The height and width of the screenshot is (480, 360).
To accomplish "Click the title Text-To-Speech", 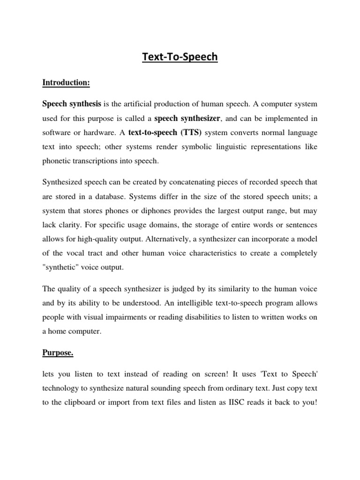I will click(x=180, y=57).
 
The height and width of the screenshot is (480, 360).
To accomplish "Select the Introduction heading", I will click(x=66, y=82).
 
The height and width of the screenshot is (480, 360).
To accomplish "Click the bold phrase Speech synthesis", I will click(x=72, y=104).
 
